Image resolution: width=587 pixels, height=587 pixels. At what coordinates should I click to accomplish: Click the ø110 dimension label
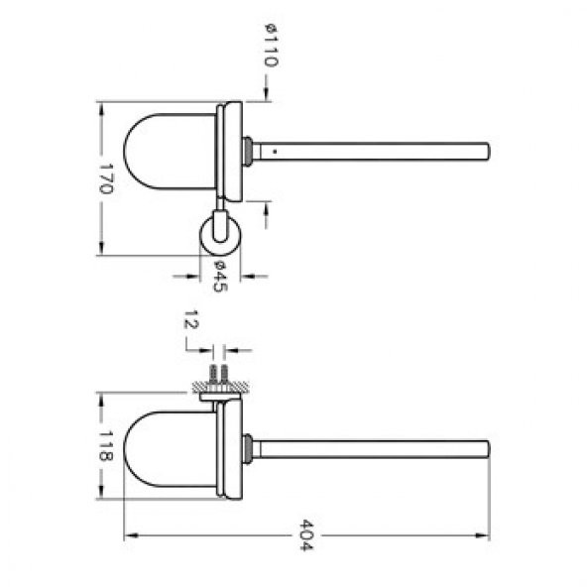point(271,45)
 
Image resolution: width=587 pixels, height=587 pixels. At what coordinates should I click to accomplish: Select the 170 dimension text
point(107,177)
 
